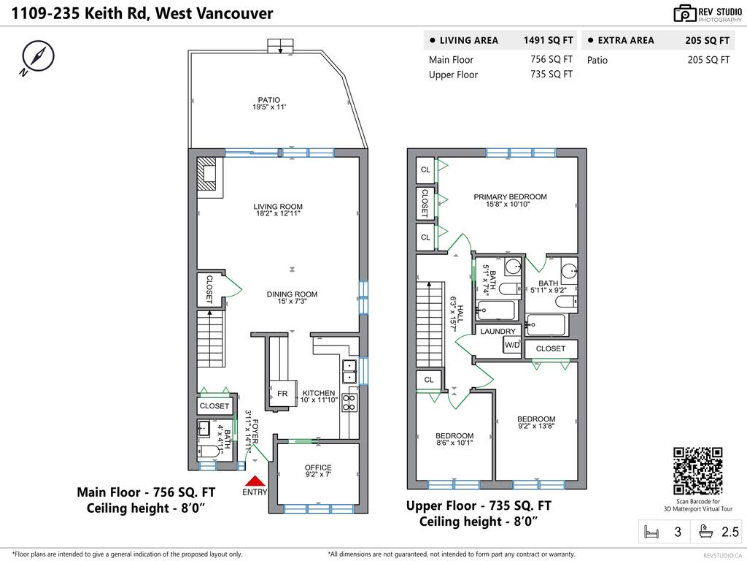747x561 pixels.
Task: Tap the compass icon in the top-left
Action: (34, 58)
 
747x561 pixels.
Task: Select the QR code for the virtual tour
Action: (697, 471)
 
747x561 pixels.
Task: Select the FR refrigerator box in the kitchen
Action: (282, 394)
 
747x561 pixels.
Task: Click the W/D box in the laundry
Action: (512, 346)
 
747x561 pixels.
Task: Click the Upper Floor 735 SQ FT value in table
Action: (551, 74)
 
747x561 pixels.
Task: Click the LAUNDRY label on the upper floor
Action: (498, 332)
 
